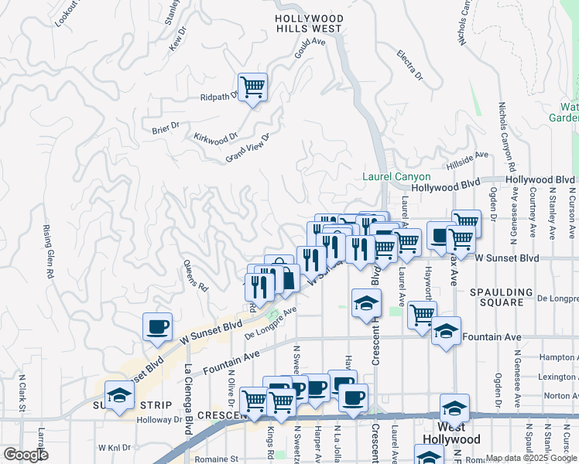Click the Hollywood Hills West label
(x=309, y=23)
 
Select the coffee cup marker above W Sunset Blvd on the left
(x=158, y=326)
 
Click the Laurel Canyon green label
(x=396, y=177)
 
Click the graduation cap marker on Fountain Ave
(x=446, y=330)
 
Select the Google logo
(x=26, y=455)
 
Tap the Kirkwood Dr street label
(x=216, y=136)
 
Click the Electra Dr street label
(x=409, y=66)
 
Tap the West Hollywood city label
(x=451, y=433)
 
